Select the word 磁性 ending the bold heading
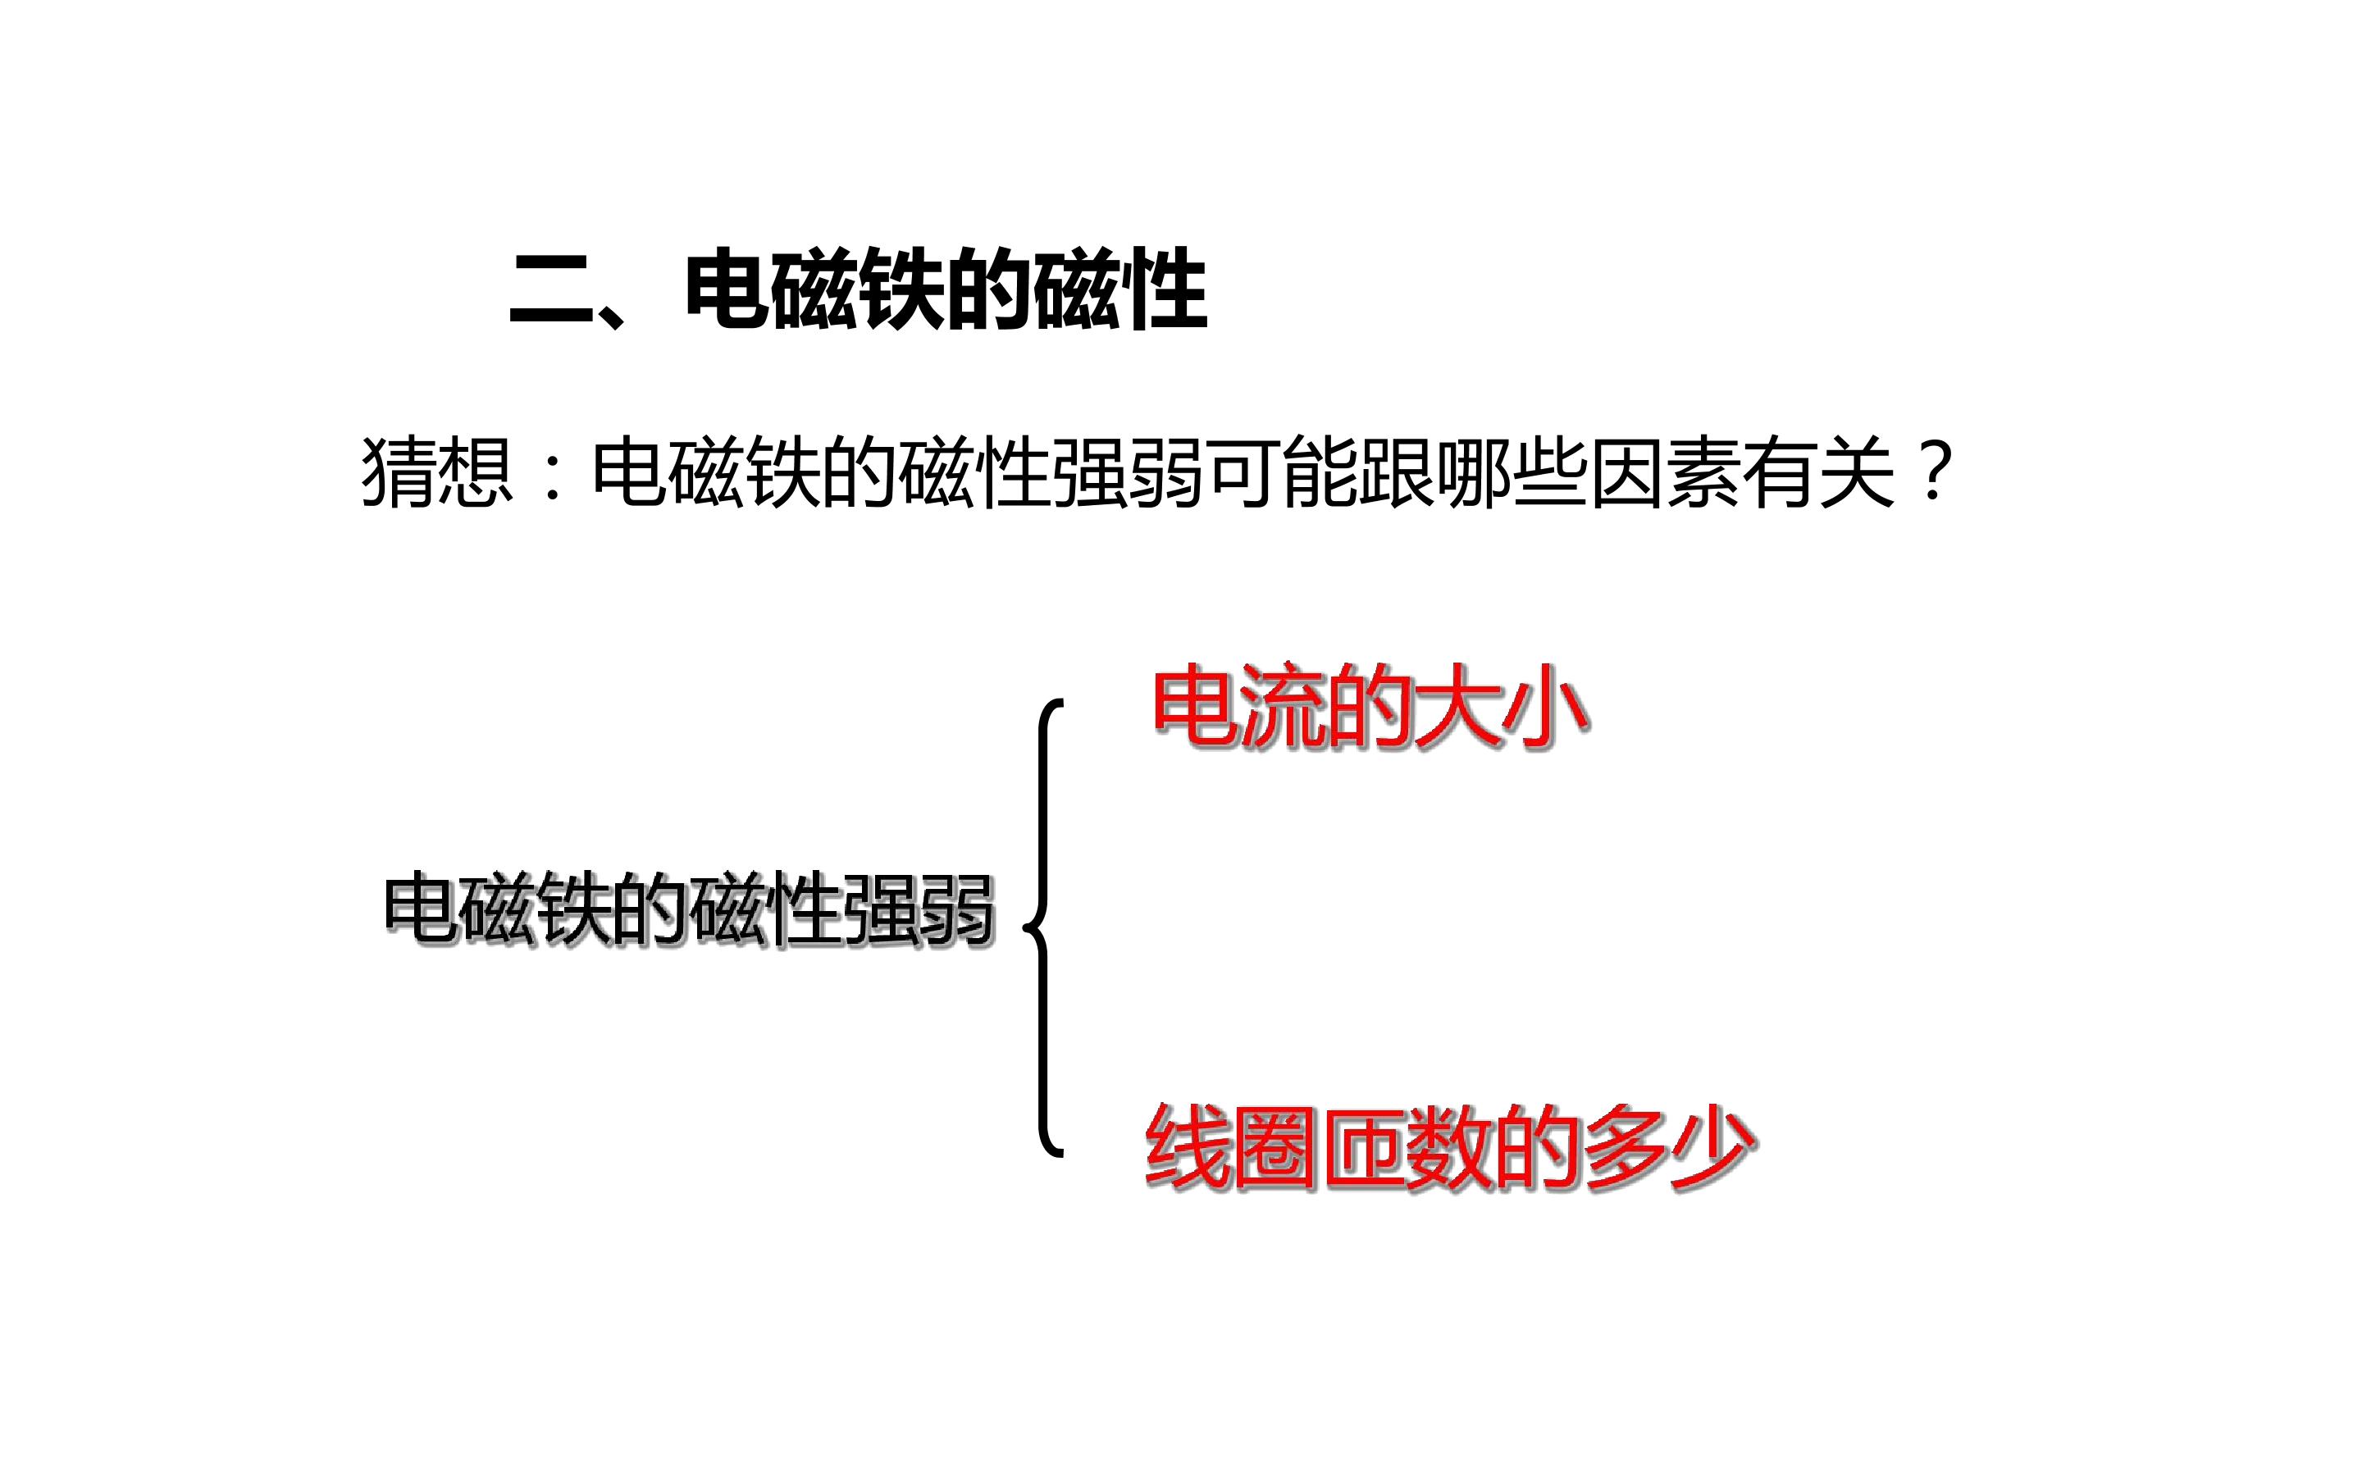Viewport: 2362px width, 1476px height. click(1119, 290)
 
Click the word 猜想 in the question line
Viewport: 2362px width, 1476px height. click(437, 471)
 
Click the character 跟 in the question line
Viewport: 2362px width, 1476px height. click(1397, 471)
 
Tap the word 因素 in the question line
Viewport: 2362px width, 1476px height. click(1665, 471)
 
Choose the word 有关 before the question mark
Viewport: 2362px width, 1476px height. click(1818, 471)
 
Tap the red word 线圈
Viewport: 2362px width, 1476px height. click(1232, 1147)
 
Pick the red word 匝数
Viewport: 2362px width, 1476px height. click(1407, 1147)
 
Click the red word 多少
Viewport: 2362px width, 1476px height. click(1671, 1147)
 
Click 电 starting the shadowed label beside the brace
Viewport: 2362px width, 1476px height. click(421, 909)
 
